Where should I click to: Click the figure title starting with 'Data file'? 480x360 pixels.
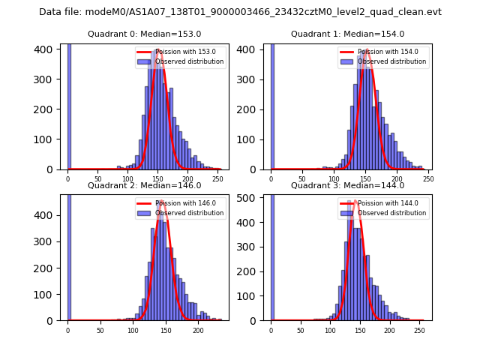240,12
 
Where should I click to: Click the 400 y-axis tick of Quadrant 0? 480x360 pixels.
47,49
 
